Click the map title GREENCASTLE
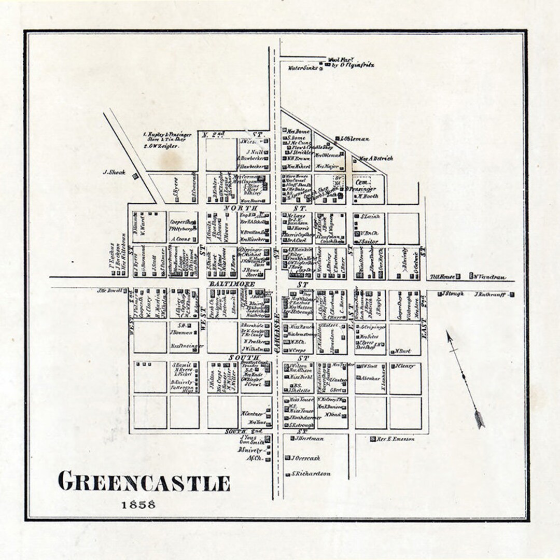[144, 482]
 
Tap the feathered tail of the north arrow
[479, 418]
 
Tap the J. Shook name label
[114, 172]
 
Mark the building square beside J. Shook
[135, 176]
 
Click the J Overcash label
[305, 458]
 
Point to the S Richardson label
[311, 474]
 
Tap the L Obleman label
[355, 138]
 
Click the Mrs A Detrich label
[376, 158]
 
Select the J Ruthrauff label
[491, 295]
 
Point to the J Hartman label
[309, 439]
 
